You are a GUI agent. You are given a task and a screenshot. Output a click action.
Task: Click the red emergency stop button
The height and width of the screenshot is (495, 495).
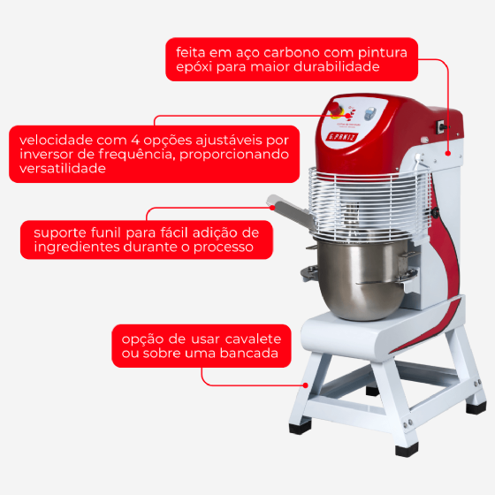click(x=335, y=109)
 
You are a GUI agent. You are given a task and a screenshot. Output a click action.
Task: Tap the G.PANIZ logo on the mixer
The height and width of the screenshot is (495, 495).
click(x=342, y=137)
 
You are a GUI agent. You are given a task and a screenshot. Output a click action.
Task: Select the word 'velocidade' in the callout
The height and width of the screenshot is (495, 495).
click(x=54, y=140)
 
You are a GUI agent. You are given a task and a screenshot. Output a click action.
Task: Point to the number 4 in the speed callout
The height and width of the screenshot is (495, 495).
click(x=135, y=141)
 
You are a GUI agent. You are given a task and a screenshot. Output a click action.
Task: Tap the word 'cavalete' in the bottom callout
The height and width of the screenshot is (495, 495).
click(x=253, y=339)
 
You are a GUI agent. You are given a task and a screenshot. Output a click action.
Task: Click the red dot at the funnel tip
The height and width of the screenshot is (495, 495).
click(x=272, y=208)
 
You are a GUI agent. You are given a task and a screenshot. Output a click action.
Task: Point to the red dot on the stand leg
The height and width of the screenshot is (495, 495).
click(x=306, y=385)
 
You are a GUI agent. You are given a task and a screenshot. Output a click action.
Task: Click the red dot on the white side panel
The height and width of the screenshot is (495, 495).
click(x=448, y=154)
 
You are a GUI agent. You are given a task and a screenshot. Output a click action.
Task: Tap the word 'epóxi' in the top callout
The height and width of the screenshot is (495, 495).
click(x=194, y=67)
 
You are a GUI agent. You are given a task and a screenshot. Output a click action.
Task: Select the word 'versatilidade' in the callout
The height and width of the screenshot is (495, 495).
click(x=63, y=168)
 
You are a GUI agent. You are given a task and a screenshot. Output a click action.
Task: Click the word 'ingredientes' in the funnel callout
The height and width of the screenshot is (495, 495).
click(x=76, y=247)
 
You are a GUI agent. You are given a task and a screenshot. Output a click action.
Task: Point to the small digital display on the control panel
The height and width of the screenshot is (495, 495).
click(x=370, y=114)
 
